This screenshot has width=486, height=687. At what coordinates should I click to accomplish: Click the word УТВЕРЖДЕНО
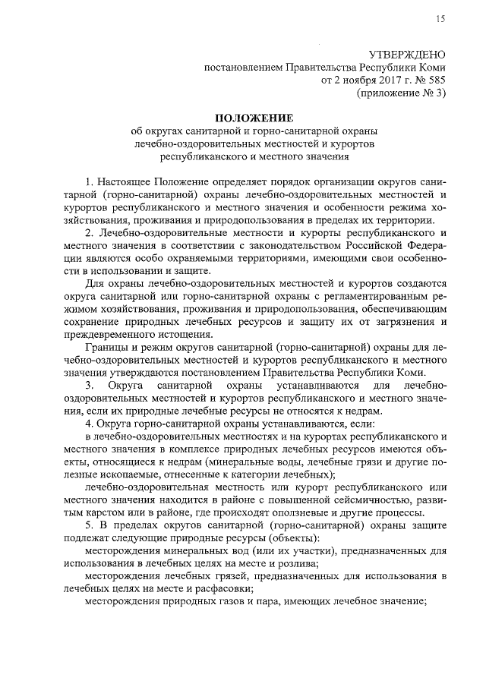tap(406, 55)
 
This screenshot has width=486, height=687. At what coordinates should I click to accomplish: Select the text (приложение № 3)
tap(402, 93)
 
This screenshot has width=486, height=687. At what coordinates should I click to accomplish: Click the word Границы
tap(106, 349)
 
